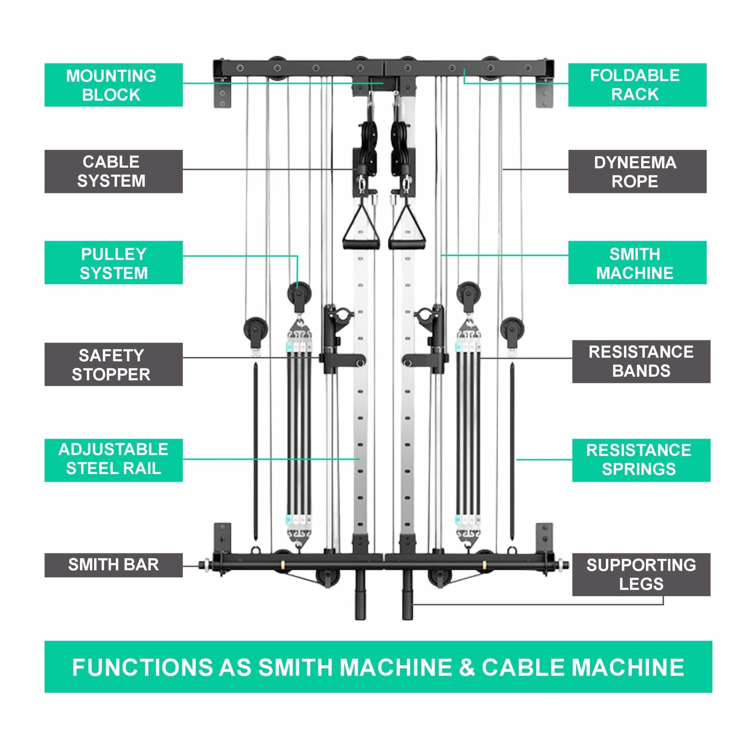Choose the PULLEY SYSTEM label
click(113, 263)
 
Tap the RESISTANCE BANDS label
click(641, 361)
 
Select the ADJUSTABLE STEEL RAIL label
click(113, 460)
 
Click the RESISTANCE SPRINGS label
click(641, 460)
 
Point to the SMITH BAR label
click(113, 565)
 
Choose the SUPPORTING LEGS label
click(641, 574)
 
